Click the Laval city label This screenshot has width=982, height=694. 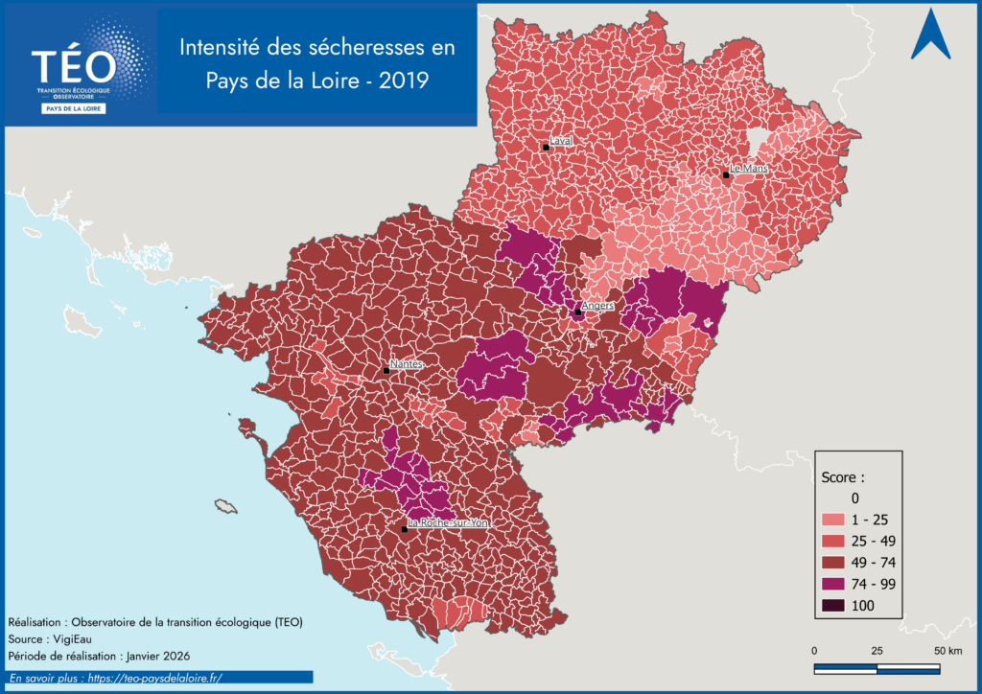[x=561, y=140]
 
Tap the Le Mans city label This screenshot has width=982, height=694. [x=749, y=169]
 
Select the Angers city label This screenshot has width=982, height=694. [x=597, y=306]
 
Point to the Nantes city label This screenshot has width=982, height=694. [x=407, y=364]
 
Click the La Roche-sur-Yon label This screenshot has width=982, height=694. [x=448, y=523]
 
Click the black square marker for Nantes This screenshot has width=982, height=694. [x=386, y=370]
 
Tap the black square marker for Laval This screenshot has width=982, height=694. [x=545, y=147]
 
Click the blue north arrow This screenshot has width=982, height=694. [x=929, y=35]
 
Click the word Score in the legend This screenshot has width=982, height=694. [x=843, y=475]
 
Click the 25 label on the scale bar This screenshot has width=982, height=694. [x=877, y=651]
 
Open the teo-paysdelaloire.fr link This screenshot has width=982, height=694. [x=153, y=677]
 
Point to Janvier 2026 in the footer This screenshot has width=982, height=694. [x=154, y=656]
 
